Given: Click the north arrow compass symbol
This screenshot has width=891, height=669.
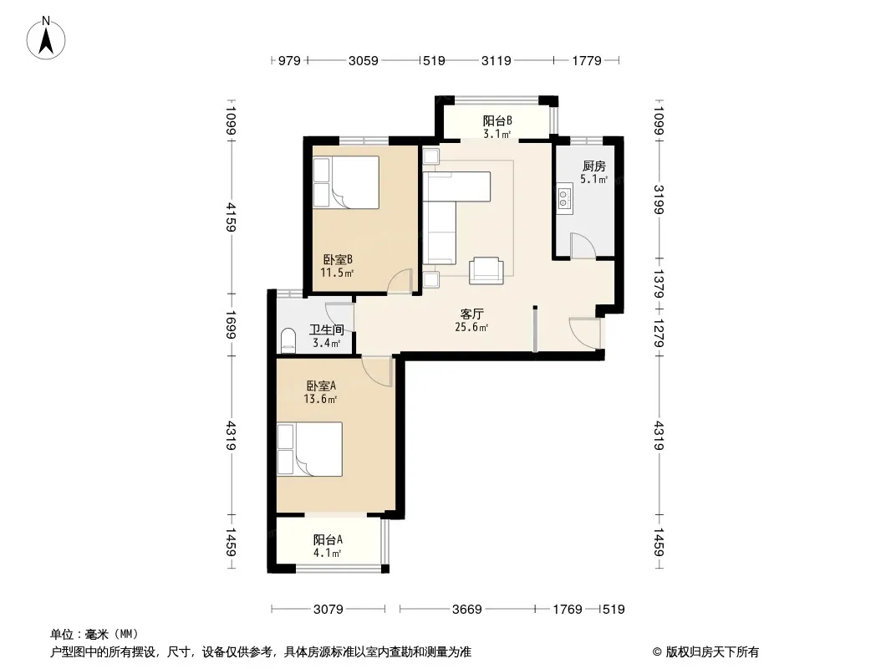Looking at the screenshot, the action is tap(46, 38).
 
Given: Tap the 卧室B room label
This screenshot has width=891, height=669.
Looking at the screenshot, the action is tap(339, 260).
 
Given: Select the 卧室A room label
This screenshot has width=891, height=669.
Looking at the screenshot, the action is tap(321, 386).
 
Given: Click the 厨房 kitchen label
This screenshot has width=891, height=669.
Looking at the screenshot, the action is tap(593, 166).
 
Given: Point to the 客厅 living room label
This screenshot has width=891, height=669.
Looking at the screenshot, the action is tap(471, 314).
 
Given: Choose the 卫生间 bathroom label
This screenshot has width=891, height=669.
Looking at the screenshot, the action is tap(326, 329).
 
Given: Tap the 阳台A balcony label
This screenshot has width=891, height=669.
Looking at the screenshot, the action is tap(328, 540).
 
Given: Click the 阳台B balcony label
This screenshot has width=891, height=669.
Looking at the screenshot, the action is tap(498, 121).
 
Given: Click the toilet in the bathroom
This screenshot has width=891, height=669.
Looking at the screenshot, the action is tap(288, 340).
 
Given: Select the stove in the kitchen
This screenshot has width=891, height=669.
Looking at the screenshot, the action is tap(563, 198).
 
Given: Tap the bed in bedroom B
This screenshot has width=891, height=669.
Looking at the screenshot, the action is tap(346, 182).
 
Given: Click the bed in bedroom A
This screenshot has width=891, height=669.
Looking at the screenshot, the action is tap(310, 449).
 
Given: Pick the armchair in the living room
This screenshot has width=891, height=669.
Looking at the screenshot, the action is tap(486, 271).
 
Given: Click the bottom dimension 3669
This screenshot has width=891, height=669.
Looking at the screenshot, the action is tap(467, 610).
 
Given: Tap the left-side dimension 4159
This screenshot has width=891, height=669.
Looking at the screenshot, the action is tap(231, 217).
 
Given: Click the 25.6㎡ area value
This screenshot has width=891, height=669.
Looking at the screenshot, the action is tap(471, 327).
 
